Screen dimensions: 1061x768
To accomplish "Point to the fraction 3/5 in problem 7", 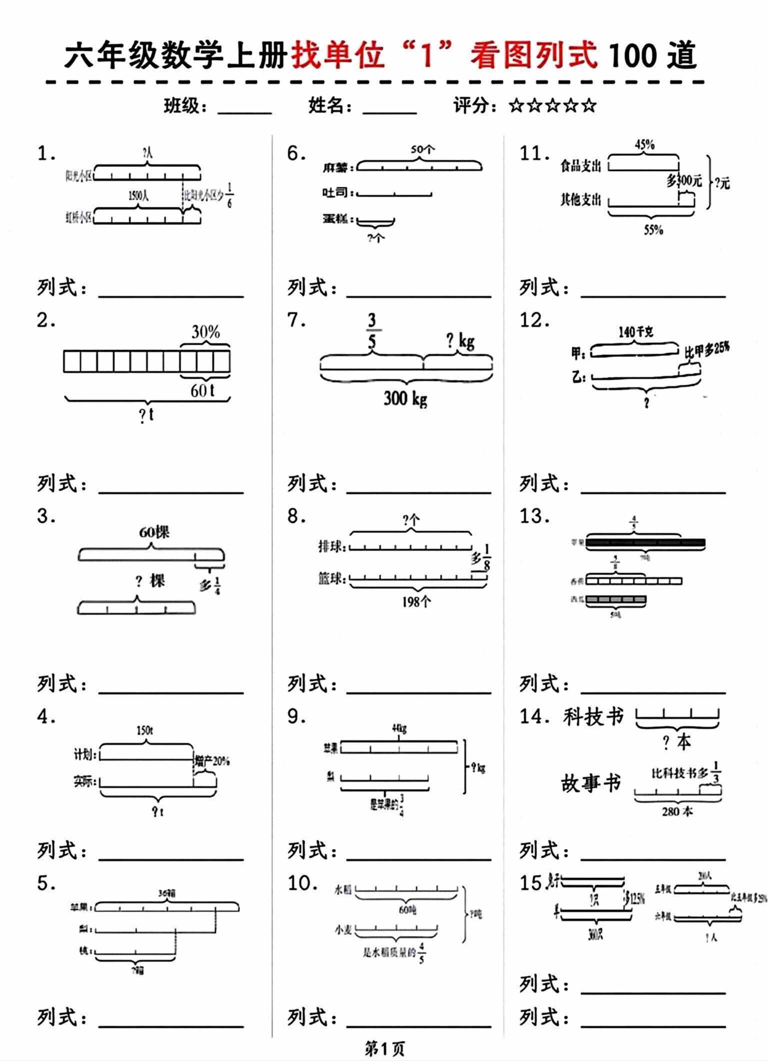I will (x=371, y=331).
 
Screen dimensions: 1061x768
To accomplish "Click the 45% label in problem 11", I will (x=644, y=145).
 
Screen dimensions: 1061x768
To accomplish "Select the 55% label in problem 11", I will (x=653, y=230).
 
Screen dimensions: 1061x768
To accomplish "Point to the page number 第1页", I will (x=384, y=1049).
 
